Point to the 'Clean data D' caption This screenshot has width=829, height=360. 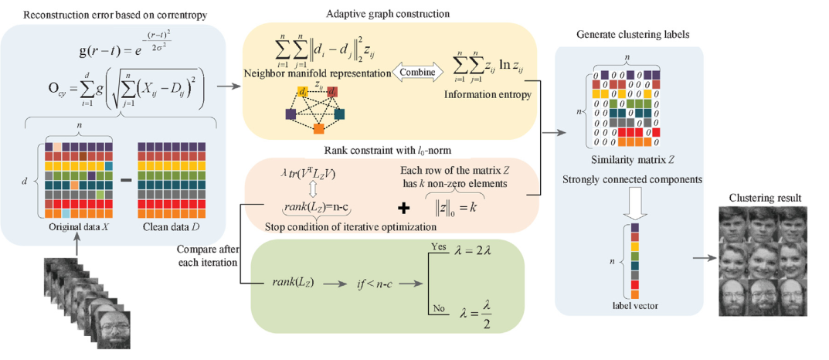171,228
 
